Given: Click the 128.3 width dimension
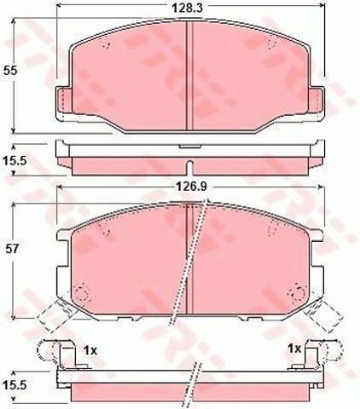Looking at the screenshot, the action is [187, 8].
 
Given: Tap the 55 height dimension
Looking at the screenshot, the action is [10, 71].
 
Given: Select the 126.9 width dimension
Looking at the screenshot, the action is [192, 187].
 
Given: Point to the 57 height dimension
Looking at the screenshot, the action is [12, 249].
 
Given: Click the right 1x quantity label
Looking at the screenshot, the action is [294, 348].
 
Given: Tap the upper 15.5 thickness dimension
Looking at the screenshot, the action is [15, 161].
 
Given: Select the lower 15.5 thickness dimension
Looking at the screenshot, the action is [15, 385].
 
